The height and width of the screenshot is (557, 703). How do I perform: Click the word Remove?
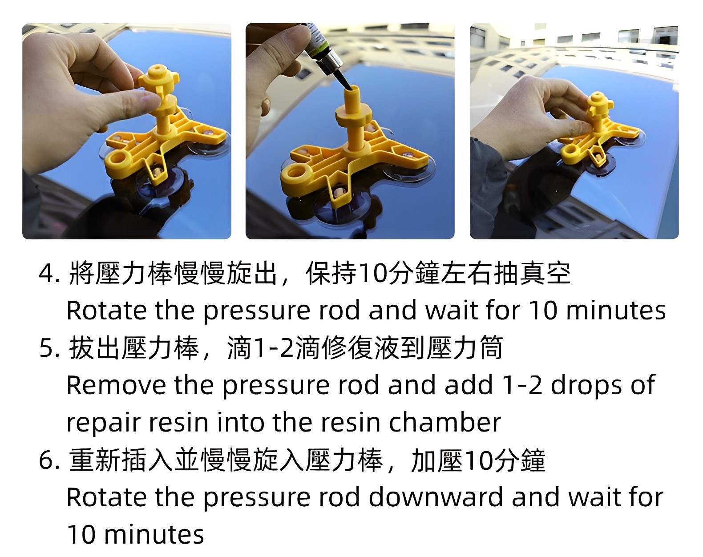coord(116,385)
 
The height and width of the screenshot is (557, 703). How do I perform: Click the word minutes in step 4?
coord(615,311)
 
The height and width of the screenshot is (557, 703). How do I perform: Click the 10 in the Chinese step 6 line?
coord(478,460)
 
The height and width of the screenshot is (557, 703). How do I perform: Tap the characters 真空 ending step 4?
coord(545,273)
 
